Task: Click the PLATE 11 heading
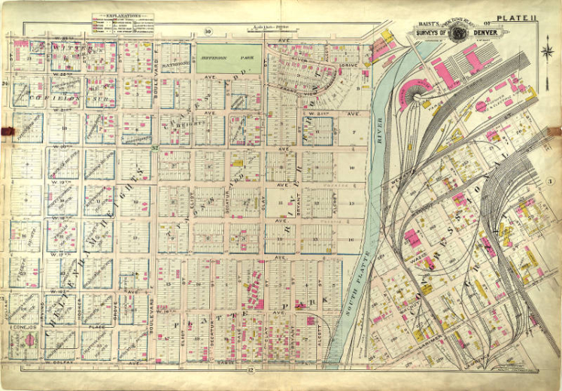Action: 515,18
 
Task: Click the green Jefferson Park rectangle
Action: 229,59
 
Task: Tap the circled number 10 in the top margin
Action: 207,32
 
